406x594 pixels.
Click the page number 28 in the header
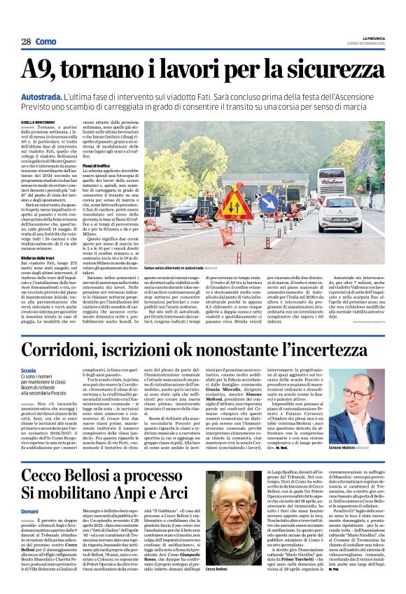coord(26,42)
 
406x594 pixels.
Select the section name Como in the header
coord(46,42)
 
